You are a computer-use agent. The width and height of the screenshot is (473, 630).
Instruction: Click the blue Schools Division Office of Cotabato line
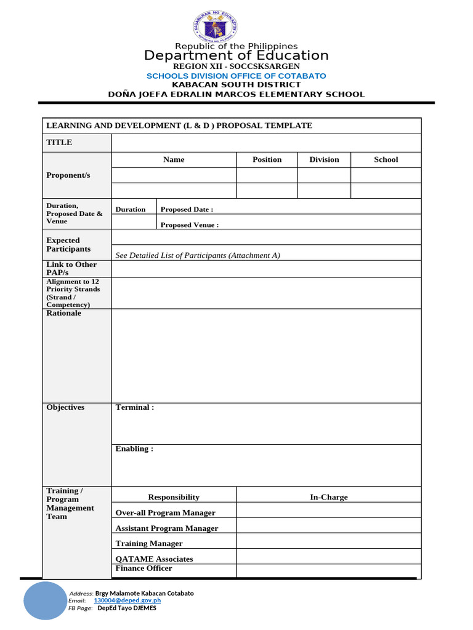tap(236, 76)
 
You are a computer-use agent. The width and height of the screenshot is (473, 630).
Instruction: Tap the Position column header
tap(267, 159)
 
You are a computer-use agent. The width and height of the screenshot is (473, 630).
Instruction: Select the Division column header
tap(324, 159)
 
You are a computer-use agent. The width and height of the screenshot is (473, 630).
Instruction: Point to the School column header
tap(386, 159)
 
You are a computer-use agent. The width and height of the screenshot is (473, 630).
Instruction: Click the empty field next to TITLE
tap(266, 143)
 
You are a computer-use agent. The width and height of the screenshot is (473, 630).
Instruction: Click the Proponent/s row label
tap(68, 175)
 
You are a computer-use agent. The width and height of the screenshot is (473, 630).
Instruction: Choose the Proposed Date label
tap(187, 209)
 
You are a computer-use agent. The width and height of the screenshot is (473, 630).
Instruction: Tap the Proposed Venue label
tap(189, 225)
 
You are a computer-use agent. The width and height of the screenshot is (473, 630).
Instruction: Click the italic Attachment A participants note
tap(198, 255)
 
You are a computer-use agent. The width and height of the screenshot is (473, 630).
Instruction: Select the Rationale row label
tap(63, 313)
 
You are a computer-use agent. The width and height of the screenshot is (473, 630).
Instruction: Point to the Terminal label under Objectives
tap(134, 407)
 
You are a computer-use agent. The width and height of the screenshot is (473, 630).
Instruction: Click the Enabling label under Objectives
tap(134, 449)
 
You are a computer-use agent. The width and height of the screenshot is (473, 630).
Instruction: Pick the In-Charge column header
tap(328, 497)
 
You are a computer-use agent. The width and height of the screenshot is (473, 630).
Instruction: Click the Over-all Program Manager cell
tap(165, 512)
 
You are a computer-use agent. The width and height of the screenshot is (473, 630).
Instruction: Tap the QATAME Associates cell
tap(154, 559)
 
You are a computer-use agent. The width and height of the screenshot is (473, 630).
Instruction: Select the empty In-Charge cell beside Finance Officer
tap(328, 570)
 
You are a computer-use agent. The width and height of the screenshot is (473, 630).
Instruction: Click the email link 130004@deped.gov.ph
tap(127, 600)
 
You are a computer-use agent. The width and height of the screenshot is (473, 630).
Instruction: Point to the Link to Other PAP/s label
tap(71, 268)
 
